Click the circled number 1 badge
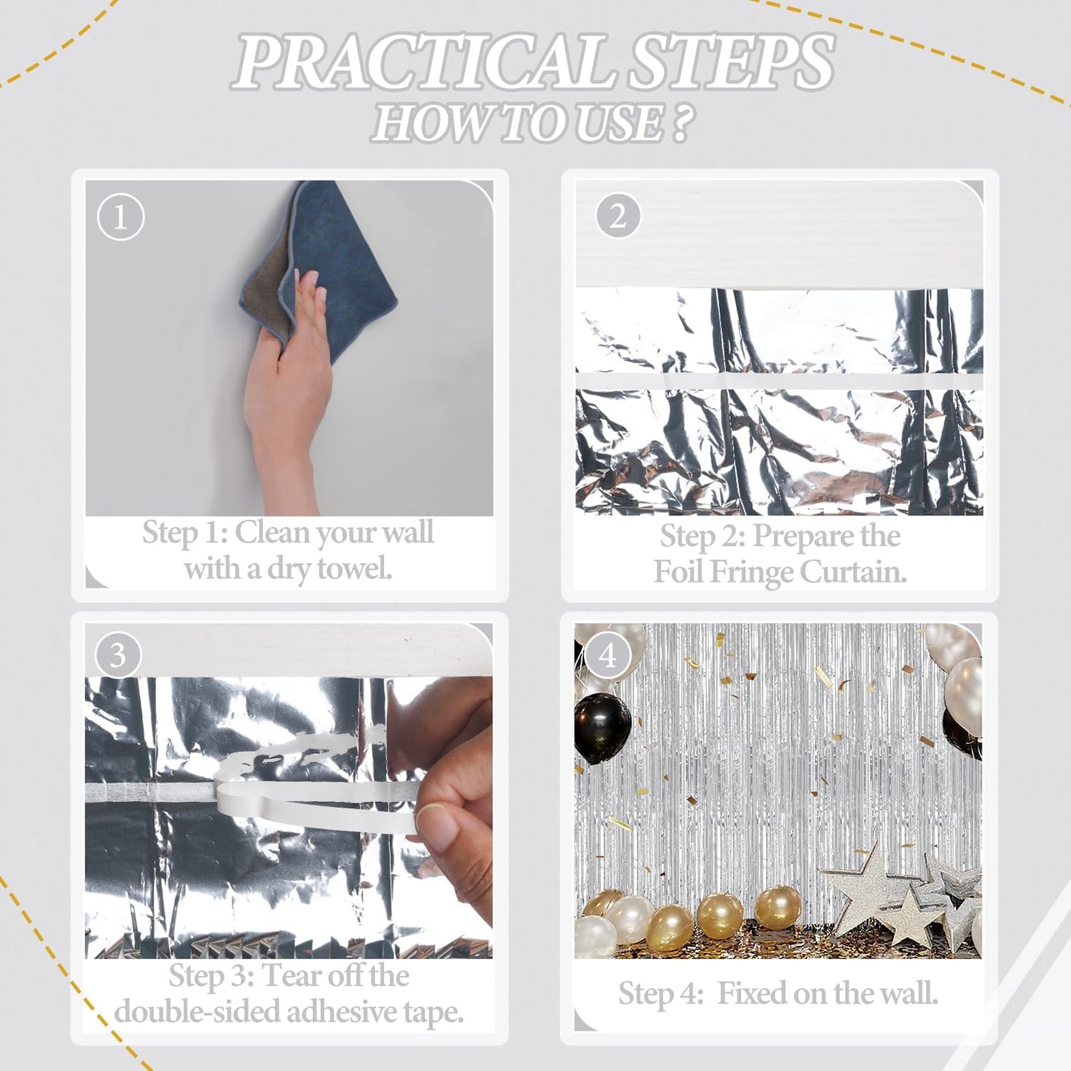120,217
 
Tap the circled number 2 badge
617,216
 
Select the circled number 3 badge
118,654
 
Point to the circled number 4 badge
607,655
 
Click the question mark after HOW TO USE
680,123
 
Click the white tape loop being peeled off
311,786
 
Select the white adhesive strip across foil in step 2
778,381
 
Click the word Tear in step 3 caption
291,976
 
